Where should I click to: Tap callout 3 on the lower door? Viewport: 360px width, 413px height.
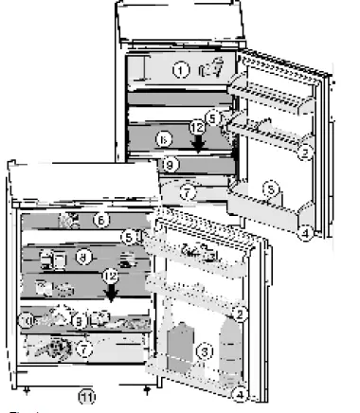pos(202,350)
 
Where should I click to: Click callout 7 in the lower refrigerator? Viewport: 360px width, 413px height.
pos(84,349)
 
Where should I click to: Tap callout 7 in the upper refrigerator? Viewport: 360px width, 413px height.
pos(188,191)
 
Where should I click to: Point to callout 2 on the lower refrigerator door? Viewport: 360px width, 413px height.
pos(242,313)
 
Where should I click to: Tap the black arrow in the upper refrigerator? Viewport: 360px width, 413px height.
pos(198,143)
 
